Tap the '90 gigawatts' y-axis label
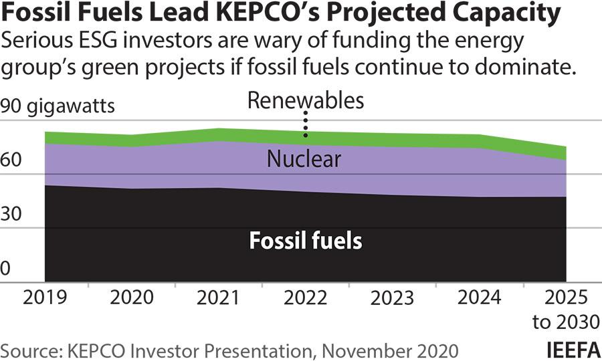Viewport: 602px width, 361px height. pos(58,106)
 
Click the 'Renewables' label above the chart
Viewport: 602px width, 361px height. pos(305,100)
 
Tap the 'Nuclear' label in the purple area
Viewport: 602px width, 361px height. pos(304,159)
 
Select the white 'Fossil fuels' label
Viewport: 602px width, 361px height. pos(306,241)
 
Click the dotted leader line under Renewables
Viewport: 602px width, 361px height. pos(306,124)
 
